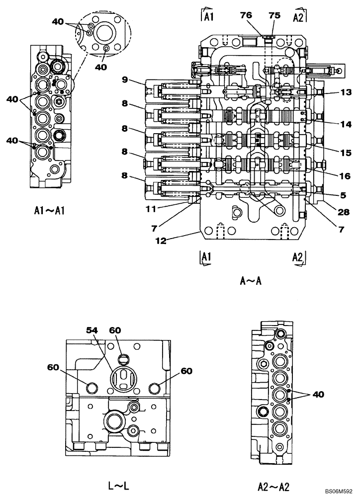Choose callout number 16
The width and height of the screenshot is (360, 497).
pos(332,176)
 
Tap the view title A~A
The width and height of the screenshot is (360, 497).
pos(251,282)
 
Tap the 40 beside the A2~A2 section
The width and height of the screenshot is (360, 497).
pos(318,394)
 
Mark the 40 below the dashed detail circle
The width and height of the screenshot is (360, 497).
pos(100,68)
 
